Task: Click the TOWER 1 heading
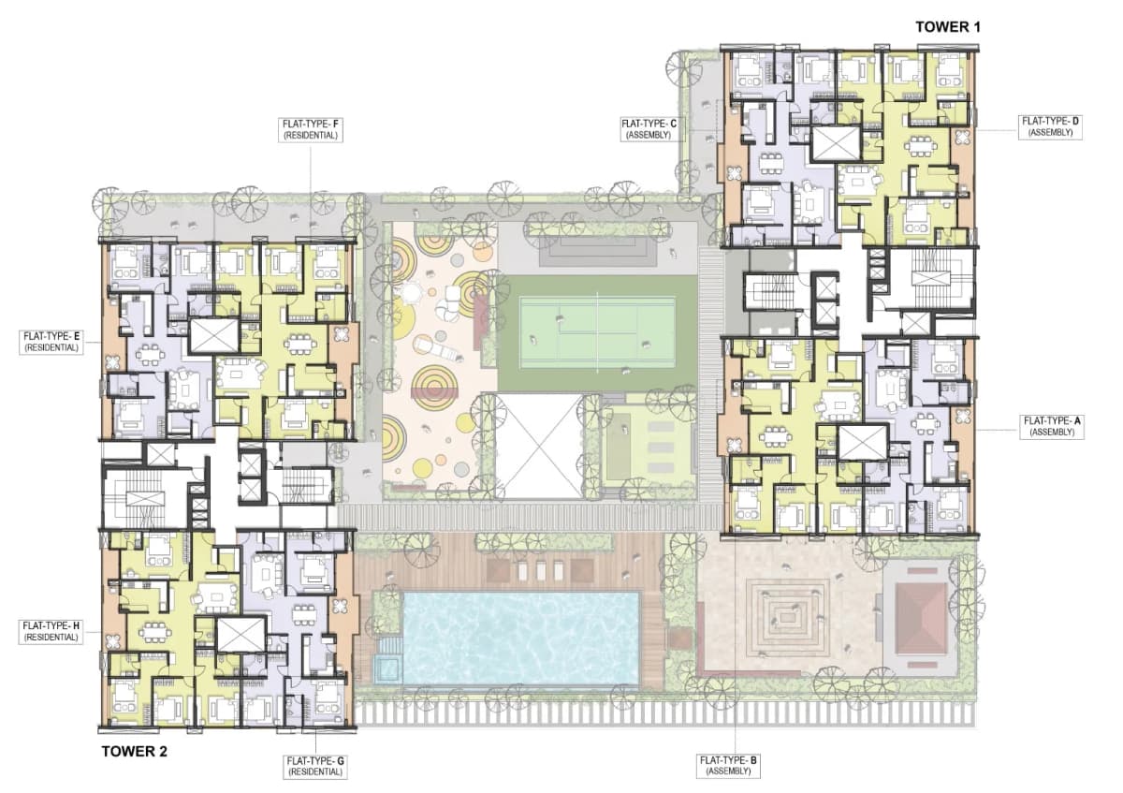[x=948, y=27]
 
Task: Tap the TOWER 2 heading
[x=135, y=750]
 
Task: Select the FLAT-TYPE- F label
[x=310, y=129]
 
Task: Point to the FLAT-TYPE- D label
[x=1051, y=126]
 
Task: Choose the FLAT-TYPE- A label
[x=1051, y=427]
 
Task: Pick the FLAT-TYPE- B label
[x=728, y=766]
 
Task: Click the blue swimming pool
[x=520, y=637]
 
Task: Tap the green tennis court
[x=597, y=332]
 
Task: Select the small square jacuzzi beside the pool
[x=385, y=668]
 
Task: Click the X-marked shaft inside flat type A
[x=862, y=442]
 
